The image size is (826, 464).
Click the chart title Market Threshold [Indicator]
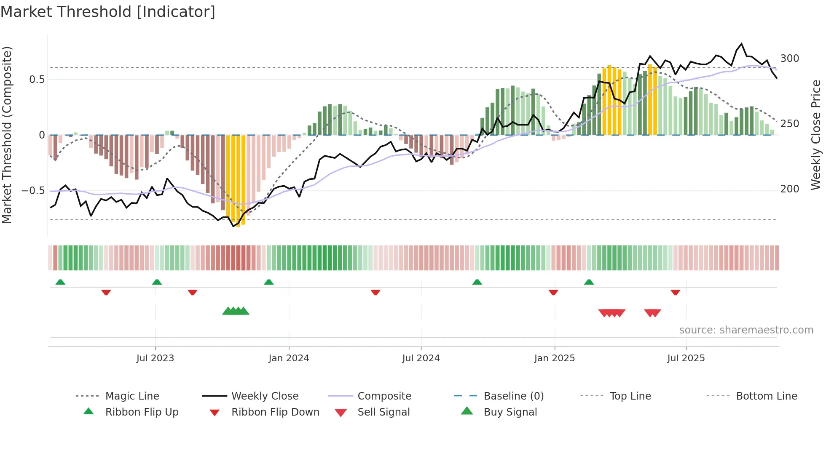pyautogui.click(x=108, y=12)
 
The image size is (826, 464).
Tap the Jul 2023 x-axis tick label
pyautogui.click(x=155, y=358)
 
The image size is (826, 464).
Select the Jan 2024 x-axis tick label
pyautogui.click(x=289, y=358)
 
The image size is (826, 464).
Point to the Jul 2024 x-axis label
pyautogui.click(x=421, y=358)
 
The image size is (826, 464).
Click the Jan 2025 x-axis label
pyautogui.click(x=554, y=358)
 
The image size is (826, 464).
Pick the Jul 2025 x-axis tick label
pyautogui.click(x=686, y=358)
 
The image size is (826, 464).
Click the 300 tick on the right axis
pyautogui.click(x=789, y=59)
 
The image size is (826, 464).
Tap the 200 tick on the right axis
pyautogui.click(x=789, y=189)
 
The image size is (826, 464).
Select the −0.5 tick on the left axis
pyautogui.click(x=33, y=191)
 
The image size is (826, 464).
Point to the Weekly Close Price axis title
pyautogui.click(x=816, y=135)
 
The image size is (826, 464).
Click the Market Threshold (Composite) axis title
pyautogui.click(x=7, y=135)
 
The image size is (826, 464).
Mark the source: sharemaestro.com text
pyautogui.click(x=746, y=330)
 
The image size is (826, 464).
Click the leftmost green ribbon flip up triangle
pyautogui.click(x=60, y=282)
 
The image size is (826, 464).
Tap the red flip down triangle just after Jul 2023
pyautogui.click(x=193, y=292)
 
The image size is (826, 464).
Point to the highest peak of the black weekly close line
pyautogui.click(x=742, y=44)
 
